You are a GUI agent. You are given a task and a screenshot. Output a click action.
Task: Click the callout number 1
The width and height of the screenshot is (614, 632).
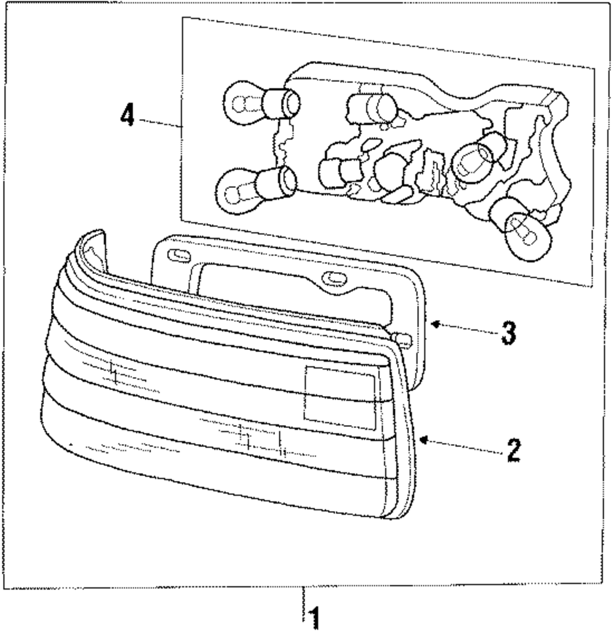314,617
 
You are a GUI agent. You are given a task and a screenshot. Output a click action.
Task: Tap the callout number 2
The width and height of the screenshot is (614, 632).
512,451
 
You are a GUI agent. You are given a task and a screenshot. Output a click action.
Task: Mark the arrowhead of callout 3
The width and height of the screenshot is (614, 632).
432,323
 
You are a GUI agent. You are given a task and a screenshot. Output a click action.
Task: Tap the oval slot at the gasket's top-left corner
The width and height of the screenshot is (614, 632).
176,254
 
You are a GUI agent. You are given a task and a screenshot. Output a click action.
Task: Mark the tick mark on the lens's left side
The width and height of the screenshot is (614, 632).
113,373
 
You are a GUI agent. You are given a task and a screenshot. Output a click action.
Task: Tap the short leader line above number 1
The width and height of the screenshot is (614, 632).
302,596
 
